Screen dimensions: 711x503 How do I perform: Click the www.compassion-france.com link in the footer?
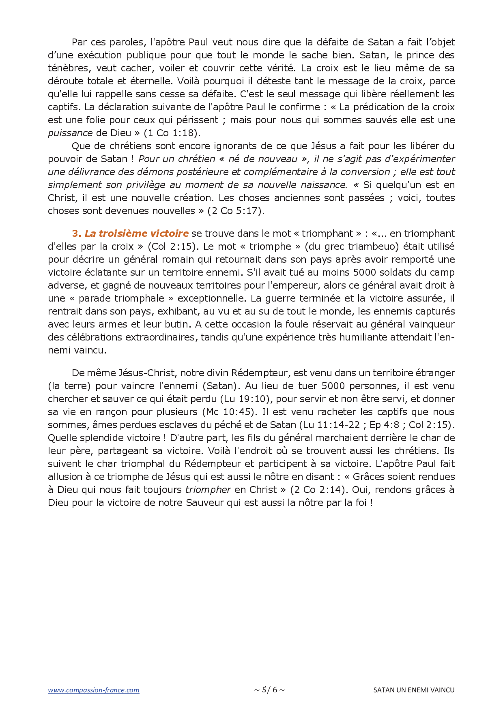pyautogui.click(x=93, y=690)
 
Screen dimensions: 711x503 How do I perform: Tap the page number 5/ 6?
pyautogui.click(x=269, y=690)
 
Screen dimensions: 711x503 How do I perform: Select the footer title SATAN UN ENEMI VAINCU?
pyautogui.click(x=414, y=690)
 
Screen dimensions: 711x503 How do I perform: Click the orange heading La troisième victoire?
pyautogui.click(x=136, y=233)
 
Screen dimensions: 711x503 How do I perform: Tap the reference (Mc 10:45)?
pyautogui.click(x=230, y=412)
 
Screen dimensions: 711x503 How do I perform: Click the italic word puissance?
pyautogui.click(x=70, y=133)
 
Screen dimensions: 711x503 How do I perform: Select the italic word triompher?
pyautogui.click(x=208, y=490)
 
